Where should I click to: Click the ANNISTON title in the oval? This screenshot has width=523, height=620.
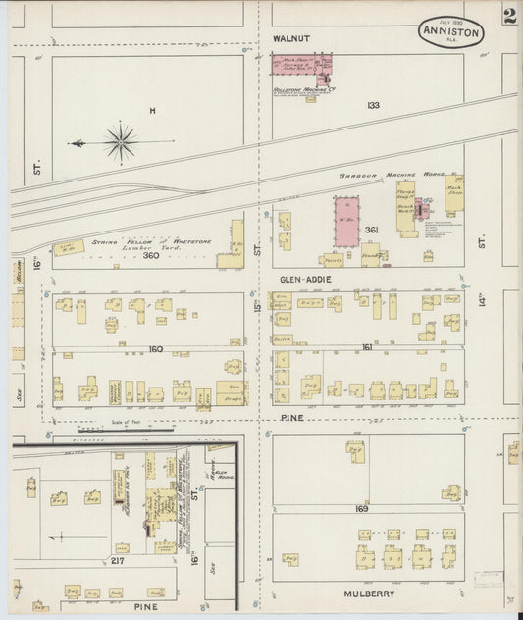click(450, 32)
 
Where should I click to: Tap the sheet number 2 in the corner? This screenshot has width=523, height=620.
click(509, 17)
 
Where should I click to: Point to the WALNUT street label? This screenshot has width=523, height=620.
click(290, 38)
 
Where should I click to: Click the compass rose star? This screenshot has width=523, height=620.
click(120, 142)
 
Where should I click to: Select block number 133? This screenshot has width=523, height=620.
click(373, 105)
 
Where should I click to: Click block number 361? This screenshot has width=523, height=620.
click(371, 230)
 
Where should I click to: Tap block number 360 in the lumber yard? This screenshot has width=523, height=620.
click(150, 256)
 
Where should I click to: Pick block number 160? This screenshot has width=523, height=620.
click(156, 349)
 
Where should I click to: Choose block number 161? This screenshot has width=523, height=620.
click(368, 347)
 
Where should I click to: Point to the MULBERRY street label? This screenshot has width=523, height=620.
click(368, 594)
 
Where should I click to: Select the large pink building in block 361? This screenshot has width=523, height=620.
click(346, 222)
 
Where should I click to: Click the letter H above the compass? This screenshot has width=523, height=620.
click(152, 111)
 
